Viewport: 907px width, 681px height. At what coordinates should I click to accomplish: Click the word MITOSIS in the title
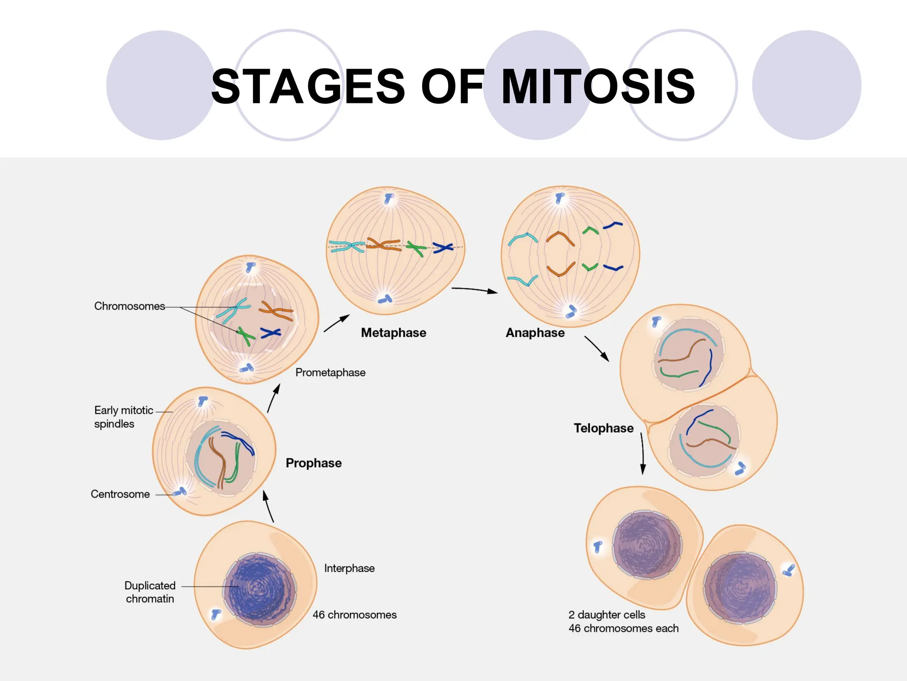click(598, 86)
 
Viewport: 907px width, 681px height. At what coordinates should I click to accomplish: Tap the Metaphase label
click(393, 333)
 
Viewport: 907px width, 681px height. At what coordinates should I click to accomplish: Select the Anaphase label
click(535, 333)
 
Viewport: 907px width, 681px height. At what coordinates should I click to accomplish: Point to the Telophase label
click(603, 428)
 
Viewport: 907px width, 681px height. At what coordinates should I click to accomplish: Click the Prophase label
click(314, 463)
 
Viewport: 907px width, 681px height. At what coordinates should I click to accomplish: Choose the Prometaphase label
click(330, 372)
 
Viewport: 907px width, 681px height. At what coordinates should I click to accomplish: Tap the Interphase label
click(349, 568)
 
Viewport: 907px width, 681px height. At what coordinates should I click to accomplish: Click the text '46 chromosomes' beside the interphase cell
click(354, 614)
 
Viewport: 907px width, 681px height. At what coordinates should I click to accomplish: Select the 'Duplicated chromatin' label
click(150, 592)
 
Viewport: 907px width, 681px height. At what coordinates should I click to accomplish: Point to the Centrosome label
click(120, 494)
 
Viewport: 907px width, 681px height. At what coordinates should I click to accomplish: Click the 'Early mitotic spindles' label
click(123, 417)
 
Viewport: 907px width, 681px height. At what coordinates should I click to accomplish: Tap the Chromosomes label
click(129, 306)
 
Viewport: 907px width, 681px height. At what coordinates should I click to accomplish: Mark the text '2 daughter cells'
click(607, 614)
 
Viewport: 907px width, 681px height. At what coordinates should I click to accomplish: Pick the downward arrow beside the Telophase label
click(643, 454)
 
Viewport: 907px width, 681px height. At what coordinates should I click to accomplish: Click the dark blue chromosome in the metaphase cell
click(443, 248)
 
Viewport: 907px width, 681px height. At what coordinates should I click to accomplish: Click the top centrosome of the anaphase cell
click(560, 197)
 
